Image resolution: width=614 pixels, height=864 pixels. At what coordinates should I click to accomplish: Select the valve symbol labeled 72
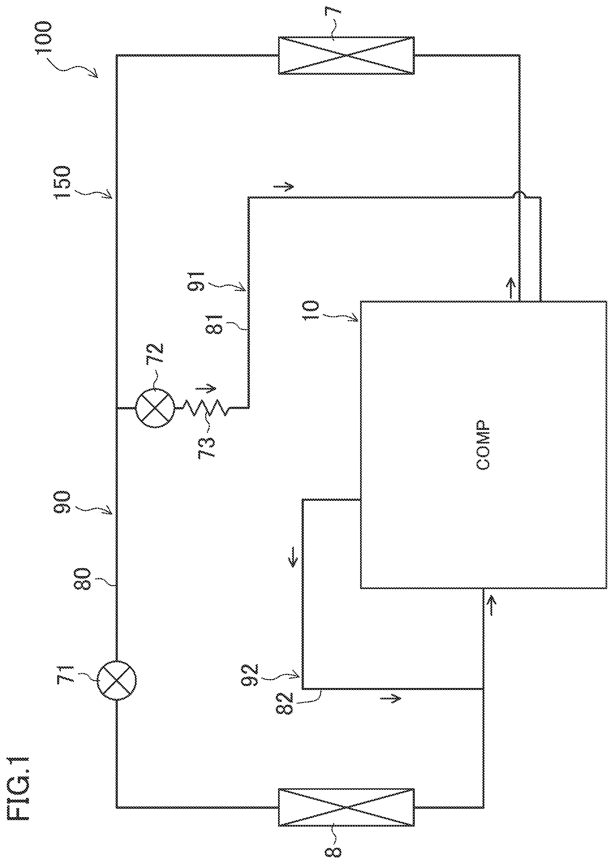point(155,408)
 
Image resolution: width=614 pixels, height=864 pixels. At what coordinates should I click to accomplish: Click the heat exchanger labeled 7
point(346,56)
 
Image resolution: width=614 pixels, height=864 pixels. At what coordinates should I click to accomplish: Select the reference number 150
point(63,182)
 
